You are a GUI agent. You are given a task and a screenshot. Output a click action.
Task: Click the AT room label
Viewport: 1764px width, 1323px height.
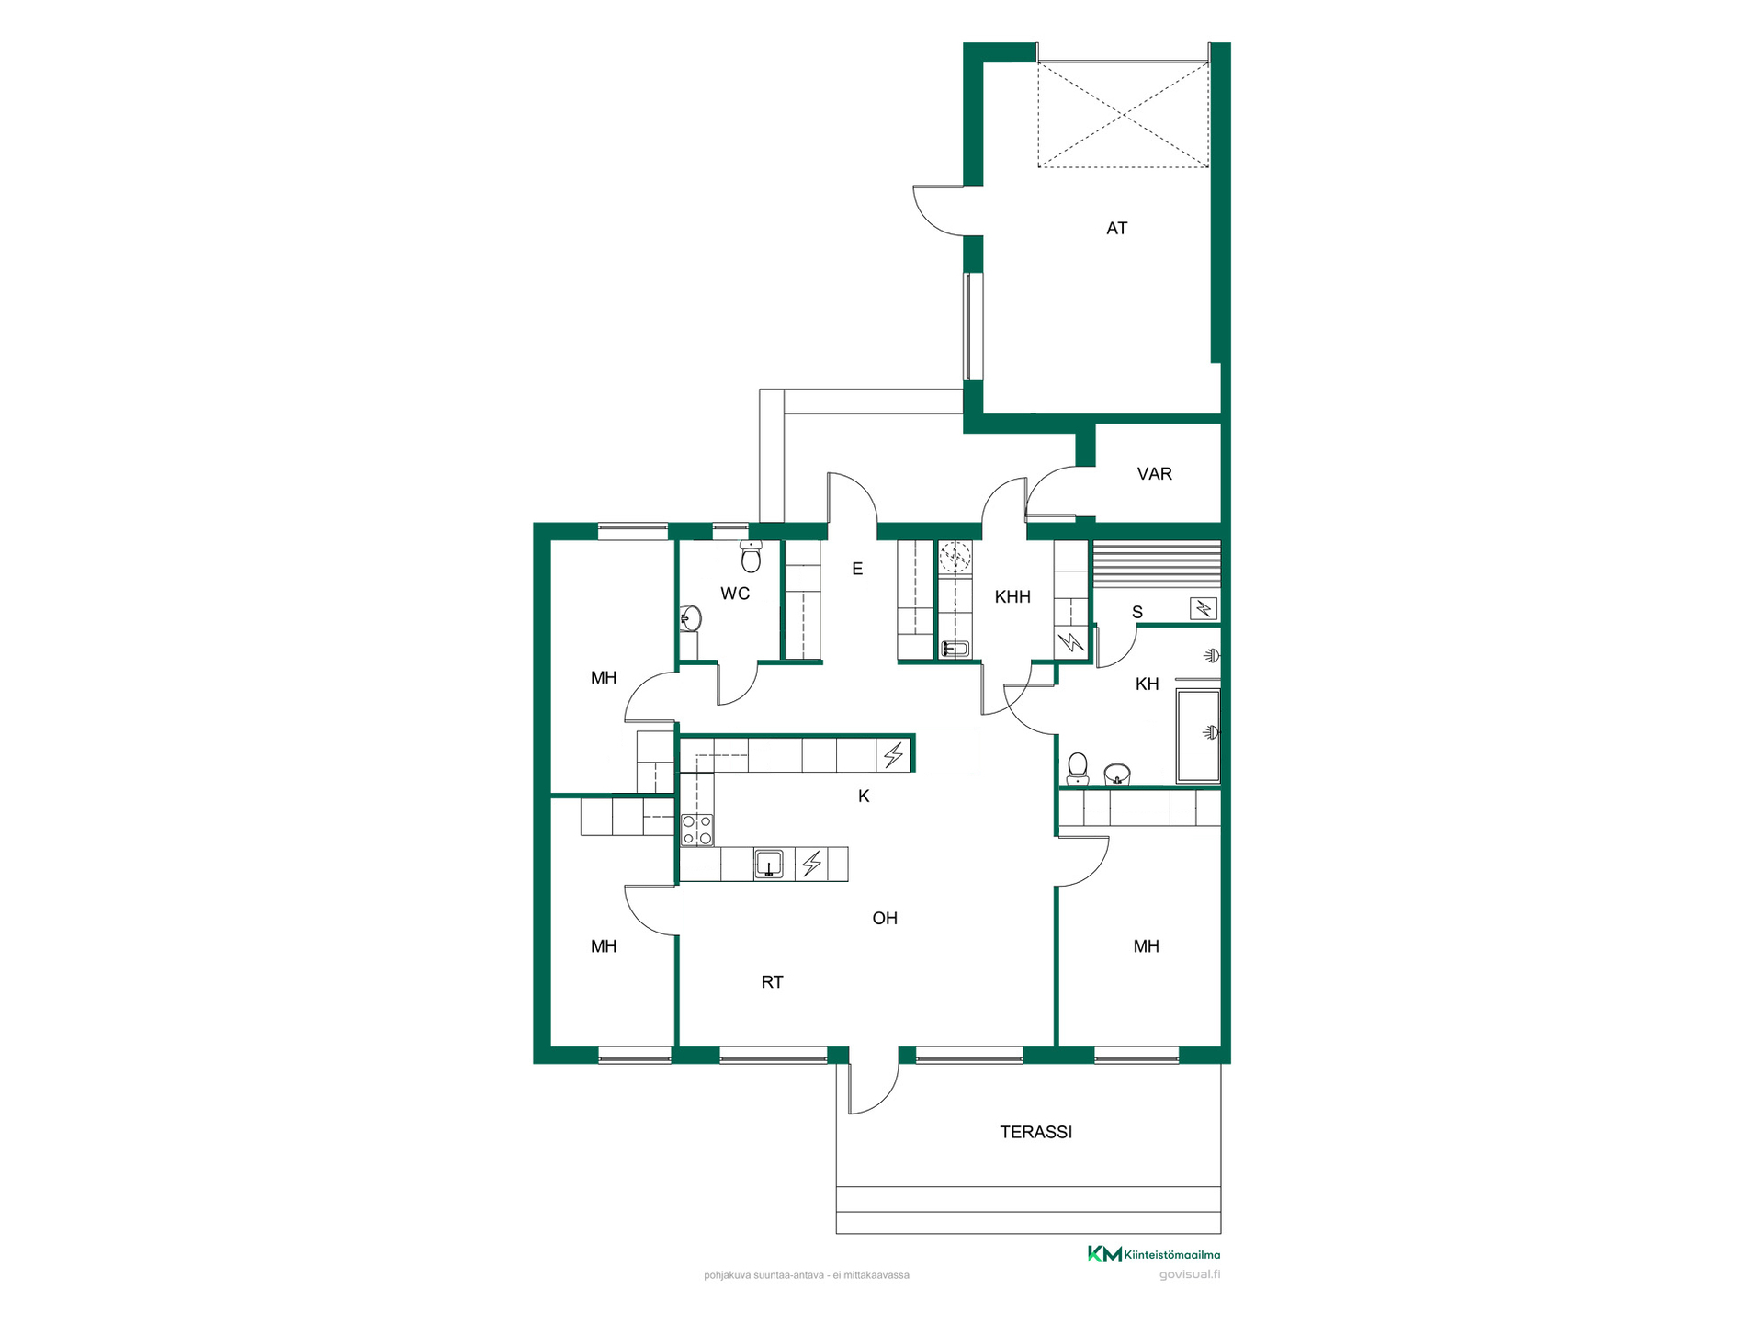(x=1116, y=229)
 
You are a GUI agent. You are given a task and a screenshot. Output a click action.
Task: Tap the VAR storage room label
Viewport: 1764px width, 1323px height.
(x=1154, y=474)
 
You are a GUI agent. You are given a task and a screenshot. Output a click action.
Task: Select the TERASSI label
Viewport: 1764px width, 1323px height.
(x=1035, y=1133)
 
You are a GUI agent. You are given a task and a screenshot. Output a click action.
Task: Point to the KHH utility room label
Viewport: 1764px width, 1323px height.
(x=1012, y=597)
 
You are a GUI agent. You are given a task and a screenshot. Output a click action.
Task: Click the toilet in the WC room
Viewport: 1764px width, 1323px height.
(x=751, y=556)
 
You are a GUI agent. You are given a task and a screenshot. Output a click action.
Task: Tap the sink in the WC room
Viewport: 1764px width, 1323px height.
(x=690, y=618)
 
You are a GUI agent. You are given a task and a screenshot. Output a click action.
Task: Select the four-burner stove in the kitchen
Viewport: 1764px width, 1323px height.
(x=697, y=830)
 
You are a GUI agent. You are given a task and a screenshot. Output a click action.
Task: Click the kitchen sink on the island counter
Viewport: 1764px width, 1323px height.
(x=768, y=865)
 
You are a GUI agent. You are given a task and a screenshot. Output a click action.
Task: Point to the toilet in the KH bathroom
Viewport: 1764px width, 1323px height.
(x=1078, y=769)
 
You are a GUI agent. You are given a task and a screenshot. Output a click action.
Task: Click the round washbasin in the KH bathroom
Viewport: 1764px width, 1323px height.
(x=1116, y=774)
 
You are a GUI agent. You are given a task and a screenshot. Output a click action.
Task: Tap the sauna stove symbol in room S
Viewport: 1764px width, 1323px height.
(x=1204, y=607)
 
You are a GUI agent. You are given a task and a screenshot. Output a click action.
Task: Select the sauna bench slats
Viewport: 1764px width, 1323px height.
(x=1156, y=565)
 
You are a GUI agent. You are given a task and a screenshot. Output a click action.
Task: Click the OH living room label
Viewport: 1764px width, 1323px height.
(x=885, y=919)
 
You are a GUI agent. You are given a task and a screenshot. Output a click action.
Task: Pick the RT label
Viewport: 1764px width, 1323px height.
(x=772, y=983)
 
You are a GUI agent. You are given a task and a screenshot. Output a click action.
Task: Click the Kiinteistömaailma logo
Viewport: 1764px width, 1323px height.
(x=1154, y=1254)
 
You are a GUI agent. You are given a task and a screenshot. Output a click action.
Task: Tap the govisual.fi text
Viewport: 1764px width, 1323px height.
(x=1190, y=1274)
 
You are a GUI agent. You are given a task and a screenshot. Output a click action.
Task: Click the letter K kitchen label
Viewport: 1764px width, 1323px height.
(x=864, y=797)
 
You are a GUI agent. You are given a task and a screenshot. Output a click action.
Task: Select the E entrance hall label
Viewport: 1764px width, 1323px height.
(x=857, y=570)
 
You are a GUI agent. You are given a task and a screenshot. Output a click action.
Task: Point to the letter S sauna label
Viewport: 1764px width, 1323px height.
(x=1137, y=613)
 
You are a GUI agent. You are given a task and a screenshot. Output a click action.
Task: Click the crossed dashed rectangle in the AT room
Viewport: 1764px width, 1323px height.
(x=1123, y=115)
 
